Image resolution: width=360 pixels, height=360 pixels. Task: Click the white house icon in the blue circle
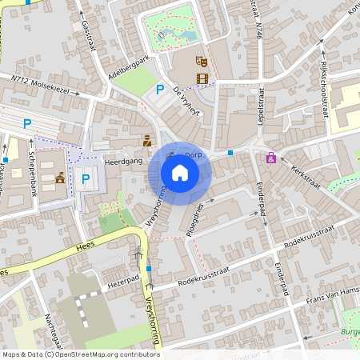click(x=180, y=172)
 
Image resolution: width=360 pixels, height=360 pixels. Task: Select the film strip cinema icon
click(x=202, y=78)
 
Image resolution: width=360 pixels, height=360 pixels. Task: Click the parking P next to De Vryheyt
click(x=160, y=90)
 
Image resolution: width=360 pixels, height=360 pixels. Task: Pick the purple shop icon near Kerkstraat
click(x=271, y=158)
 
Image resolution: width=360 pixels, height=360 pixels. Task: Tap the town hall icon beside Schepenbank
click(x=60, y=178)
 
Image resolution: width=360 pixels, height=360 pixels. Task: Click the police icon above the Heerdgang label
click(x=146, y=141)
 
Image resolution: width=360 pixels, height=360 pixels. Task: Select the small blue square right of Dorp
click(x=230, y=152)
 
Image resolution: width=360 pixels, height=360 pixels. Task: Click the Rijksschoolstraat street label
click(x=324, y=87)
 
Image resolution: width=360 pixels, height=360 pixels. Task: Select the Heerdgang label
click(x=124, y=162)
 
